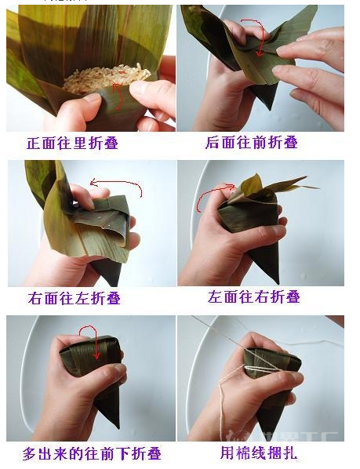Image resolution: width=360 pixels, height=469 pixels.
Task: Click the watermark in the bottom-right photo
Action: click(310, 434)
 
